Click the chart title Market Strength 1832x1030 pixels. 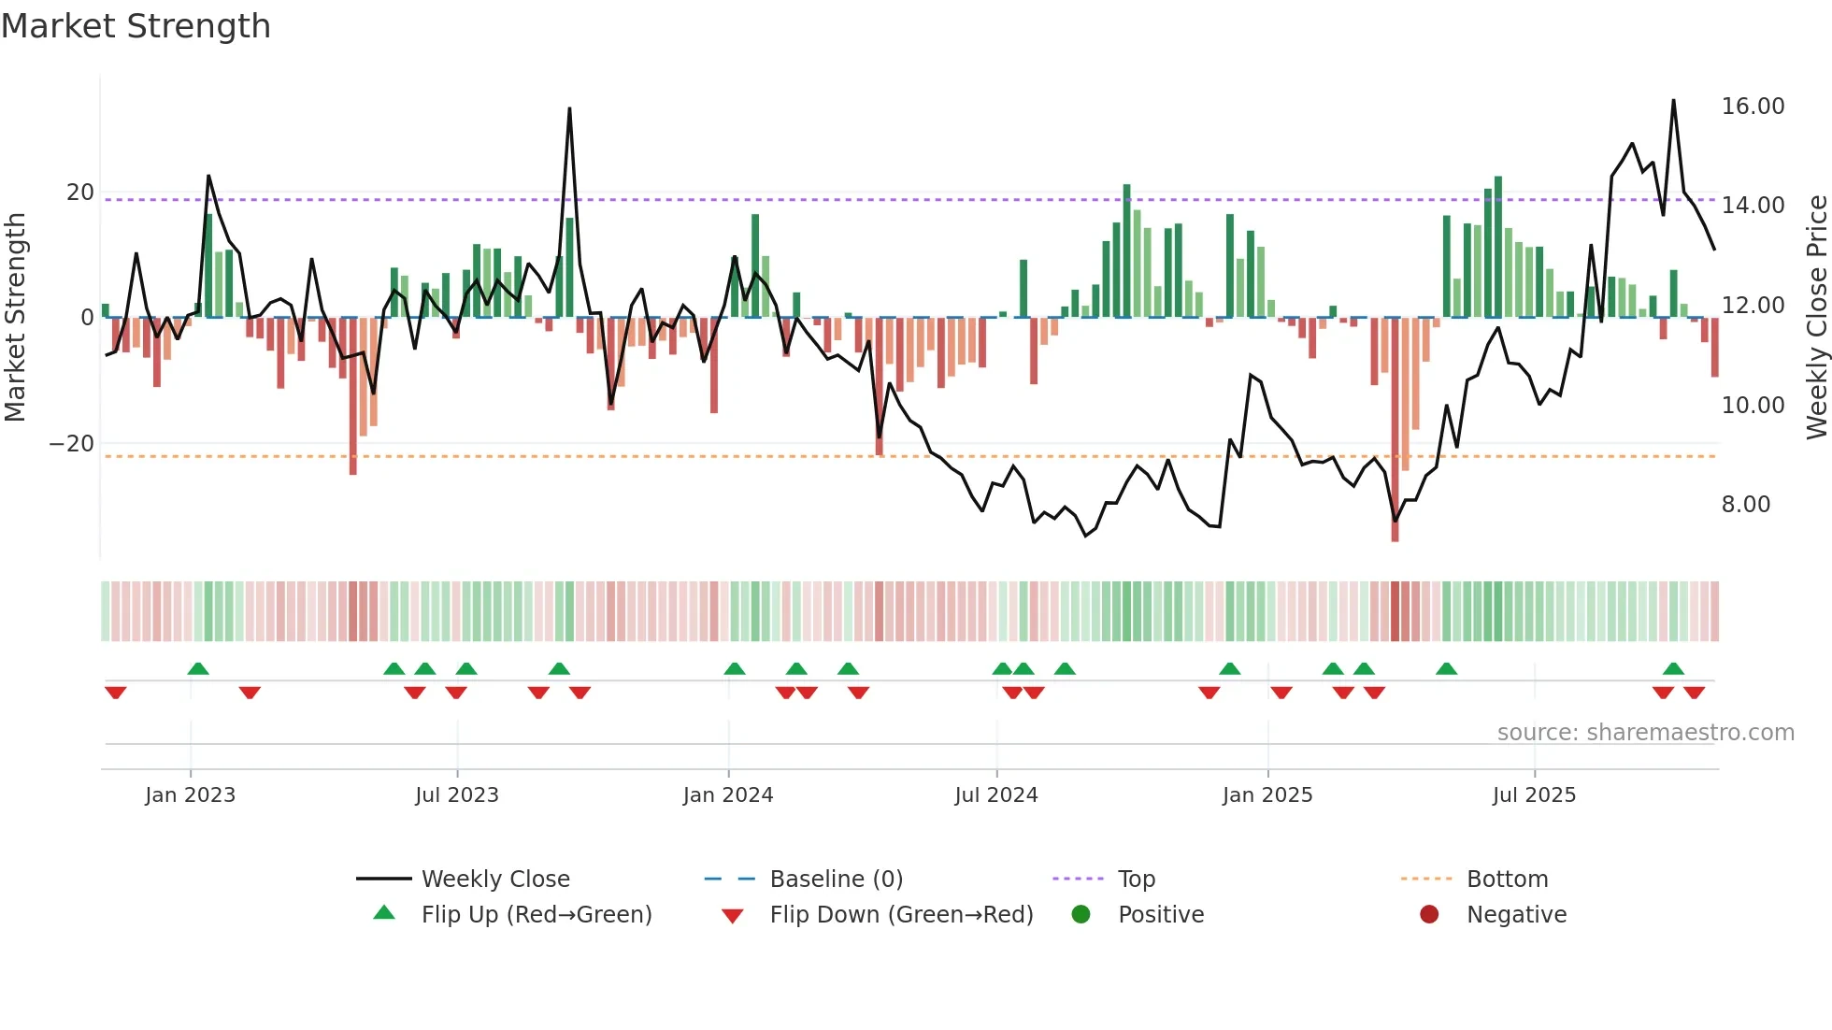136,26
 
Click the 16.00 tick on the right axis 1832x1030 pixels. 1753,107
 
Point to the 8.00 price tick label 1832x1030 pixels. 1745,505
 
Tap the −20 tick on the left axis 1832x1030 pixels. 72,444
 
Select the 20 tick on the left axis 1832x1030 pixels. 80,193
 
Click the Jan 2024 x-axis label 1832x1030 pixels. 728,795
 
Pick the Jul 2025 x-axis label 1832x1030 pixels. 1534,795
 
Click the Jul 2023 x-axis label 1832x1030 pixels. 457,795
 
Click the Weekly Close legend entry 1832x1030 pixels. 494,880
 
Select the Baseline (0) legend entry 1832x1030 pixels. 836,880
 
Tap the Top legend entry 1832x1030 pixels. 1136,880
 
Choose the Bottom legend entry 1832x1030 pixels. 1507,880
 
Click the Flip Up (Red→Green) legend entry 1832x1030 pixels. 536,915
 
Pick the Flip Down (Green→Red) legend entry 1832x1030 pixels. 901,915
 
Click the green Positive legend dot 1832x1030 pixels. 1081,915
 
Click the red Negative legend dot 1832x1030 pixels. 1429,915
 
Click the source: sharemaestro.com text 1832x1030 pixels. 1645,733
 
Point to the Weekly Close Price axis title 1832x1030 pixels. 1816,318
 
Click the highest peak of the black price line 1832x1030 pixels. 1673,100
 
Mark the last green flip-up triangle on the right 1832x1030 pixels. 1673,668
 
